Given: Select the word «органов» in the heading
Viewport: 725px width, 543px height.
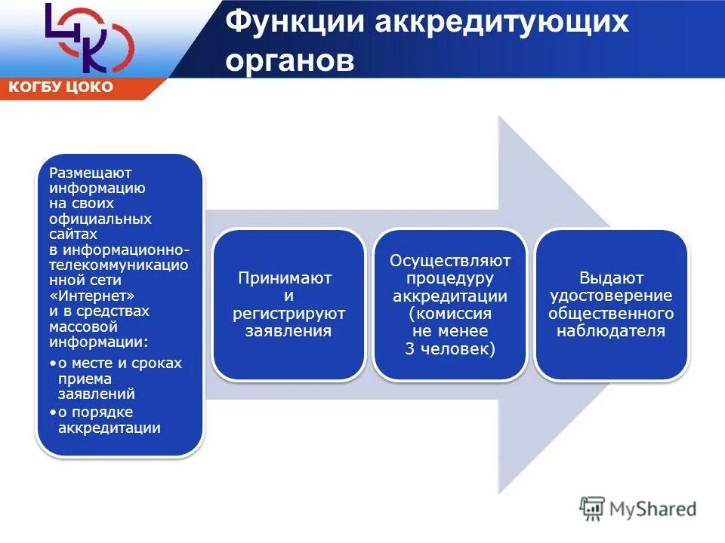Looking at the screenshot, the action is (x=290, y=61).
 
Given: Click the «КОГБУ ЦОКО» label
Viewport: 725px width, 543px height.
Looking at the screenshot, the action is (x=61, y=87).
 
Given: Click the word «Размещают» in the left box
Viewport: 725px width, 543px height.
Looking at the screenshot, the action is (x=91, y=173).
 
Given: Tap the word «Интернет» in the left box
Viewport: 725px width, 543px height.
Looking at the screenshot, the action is (x=99, y=296).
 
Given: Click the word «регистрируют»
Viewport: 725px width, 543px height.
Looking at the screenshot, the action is (x=288, y=313).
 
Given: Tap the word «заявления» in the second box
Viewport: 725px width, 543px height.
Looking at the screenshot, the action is (x=288, y=330).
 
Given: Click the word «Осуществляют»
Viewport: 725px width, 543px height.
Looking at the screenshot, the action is (x=450, y=261).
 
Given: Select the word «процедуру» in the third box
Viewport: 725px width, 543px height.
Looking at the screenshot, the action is (x=450, y=278).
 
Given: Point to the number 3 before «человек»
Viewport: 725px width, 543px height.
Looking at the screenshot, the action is (x=410, y=348).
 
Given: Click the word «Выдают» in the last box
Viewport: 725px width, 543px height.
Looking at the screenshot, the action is (x=611, y=278).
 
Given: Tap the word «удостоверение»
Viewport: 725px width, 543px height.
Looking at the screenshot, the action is (x=611, y=296).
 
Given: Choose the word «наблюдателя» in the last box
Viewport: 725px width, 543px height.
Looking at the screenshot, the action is (x=611, y=330).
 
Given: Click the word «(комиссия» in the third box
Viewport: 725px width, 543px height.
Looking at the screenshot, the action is (x=450, y=313).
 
